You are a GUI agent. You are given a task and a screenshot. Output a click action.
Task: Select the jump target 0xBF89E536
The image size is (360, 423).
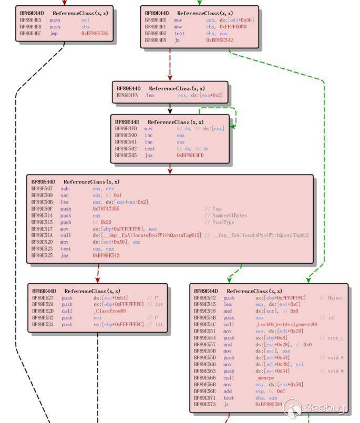tap(95, 33)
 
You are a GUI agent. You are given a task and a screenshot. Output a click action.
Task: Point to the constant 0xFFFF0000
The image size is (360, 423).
tap(220, 26)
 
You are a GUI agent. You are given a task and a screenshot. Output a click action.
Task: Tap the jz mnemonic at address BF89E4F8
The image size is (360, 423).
tap(178, 40)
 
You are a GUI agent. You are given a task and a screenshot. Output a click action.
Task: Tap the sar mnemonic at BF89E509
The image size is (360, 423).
tap(64, 195)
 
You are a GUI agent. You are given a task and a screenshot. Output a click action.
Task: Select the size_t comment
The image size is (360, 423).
tap(332, 338)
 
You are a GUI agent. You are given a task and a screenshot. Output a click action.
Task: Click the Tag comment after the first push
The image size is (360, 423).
tap(209, 209)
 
